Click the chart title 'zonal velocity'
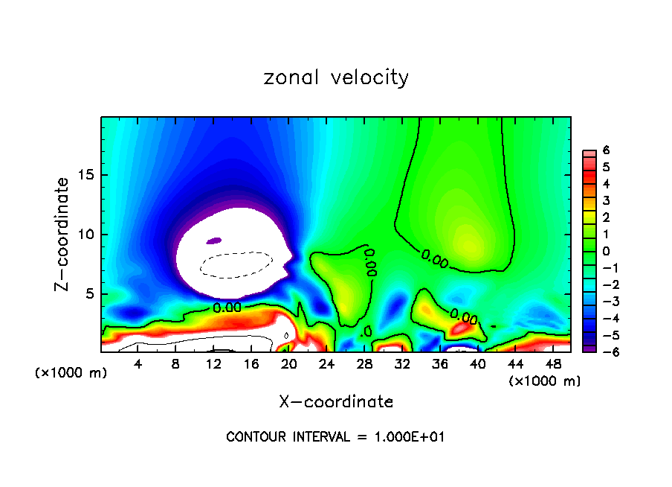tap(336, 77)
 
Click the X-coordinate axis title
tap(336, 402)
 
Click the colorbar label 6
tap(606, 150)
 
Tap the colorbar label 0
tap(606, 251)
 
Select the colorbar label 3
tap(606, 200)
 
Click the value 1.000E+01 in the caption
tap(413, 437)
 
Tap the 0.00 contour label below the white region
tap(227, 307)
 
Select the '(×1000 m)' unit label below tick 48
tap(545, 381)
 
